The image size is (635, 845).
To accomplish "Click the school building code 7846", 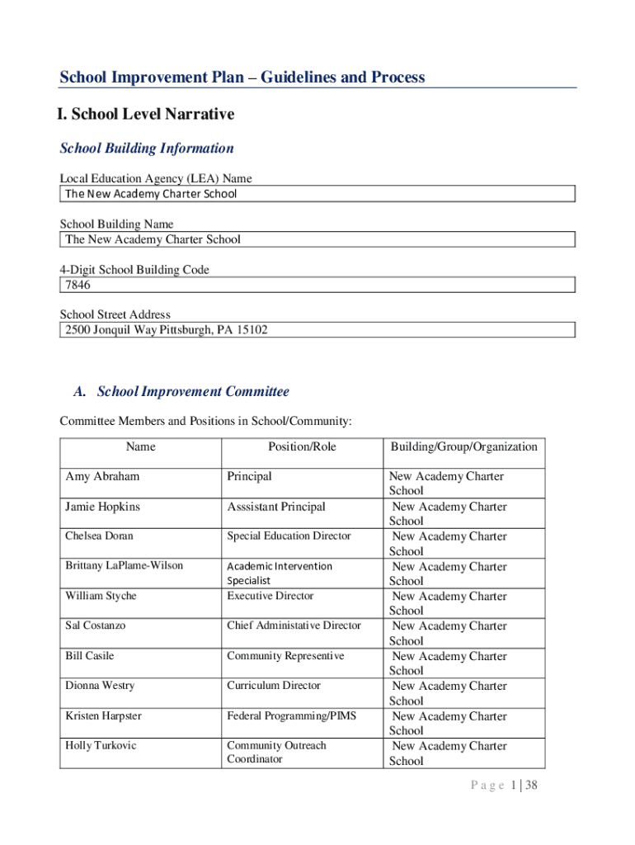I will [78, 285].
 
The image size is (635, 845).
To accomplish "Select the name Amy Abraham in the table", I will [102, 476].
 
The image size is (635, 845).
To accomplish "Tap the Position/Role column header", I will [302, 446].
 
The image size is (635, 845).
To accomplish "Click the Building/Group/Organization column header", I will [463, 446].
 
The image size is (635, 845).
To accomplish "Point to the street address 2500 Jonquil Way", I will [166, 330].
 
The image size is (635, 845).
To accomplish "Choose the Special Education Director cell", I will [289, 536].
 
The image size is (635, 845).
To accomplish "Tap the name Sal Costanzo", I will [96, 625].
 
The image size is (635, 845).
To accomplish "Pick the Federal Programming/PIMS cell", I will [291, 715].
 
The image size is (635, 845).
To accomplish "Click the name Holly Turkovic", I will [101, 746].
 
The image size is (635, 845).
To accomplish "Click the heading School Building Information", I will [147, 149].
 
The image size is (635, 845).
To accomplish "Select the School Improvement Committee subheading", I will [193, 392].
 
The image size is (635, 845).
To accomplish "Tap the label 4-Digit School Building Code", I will [134, 270].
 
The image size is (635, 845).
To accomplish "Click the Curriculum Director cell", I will [274, 686].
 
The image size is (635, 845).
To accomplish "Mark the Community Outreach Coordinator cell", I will [276, 753].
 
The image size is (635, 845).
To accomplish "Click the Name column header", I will [140, 446].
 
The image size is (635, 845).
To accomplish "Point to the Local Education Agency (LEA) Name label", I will [156, 178].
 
